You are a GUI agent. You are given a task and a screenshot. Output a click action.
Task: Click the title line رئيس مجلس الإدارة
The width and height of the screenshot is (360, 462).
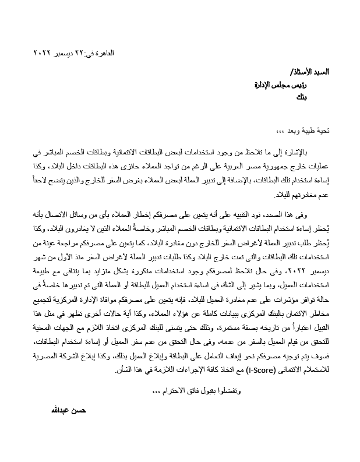[281, 85]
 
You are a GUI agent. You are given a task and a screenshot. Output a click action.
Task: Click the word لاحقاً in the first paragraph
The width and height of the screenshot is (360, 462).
[45, 179]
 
